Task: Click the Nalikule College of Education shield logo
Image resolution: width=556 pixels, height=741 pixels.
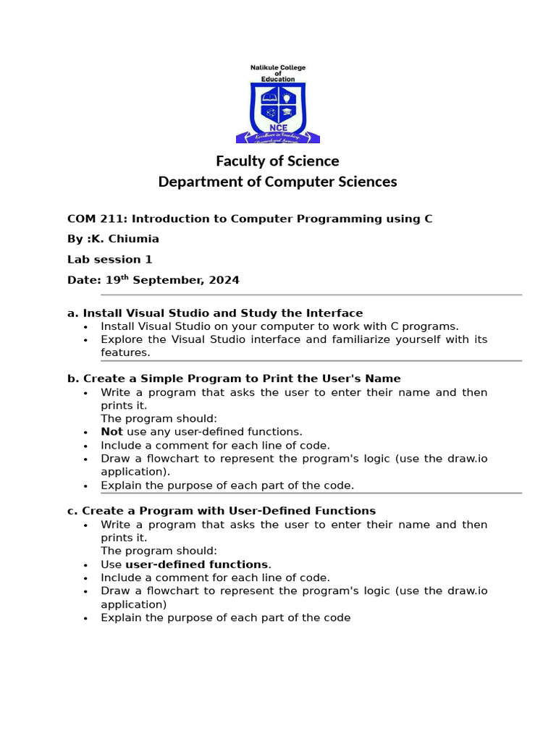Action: pyautogui.click(x=278, y=105)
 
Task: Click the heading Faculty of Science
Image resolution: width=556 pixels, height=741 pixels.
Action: pyautogui.click(x=278, y=161)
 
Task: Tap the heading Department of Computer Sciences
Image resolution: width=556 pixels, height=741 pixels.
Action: pyautogui.click(x=278, y=182)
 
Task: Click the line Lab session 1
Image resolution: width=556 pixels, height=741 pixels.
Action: pyautogui.click(x=109, y=259)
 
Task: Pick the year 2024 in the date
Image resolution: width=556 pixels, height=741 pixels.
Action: pyautogui.click(x=224, y=280)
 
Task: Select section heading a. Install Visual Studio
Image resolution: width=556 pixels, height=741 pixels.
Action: pyautogui.click(x=215, y=313)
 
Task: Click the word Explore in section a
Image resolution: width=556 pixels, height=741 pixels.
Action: pyautogui.click(x=121, y=339)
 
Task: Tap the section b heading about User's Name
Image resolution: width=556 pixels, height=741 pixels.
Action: pyautogui.click(x=234, y=378)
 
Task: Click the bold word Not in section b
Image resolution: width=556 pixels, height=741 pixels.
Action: pyautogui.click(x=111, y=432)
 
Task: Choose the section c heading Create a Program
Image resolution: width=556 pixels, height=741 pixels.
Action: pyautogui.click(x=222, y=511)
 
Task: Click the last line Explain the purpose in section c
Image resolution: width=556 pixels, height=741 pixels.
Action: pyautogui.click(x=225, y=618)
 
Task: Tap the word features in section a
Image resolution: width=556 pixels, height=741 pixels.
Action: pyautogui.click(x=125, y=352)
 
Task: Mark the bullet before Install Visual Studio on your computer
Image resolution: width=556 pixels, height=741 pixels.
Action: pyautogui.click(x=85, y=327)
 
